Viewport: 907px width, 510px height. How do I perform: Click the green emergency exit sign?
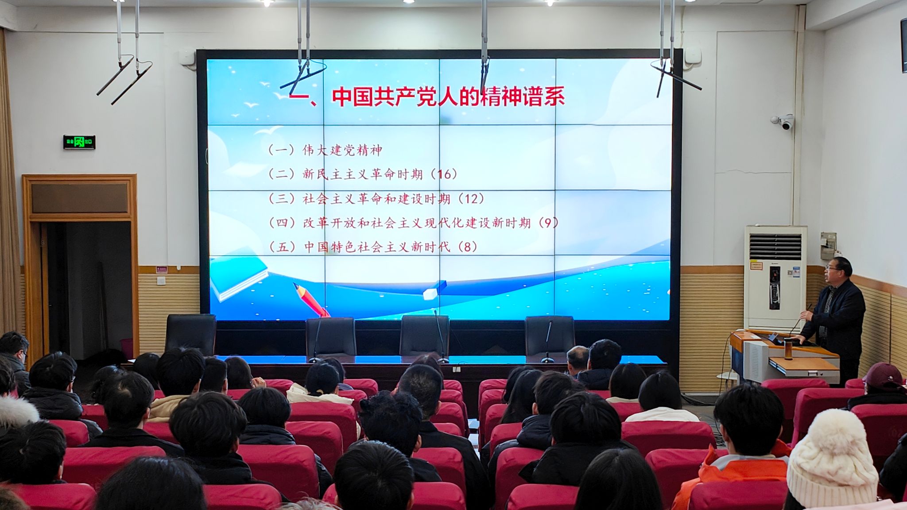point(79,142)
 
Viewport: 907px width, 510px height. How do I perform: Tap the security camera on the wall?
point(783,122)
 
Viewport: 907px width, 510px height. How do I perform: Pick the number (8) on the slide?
point(468,247)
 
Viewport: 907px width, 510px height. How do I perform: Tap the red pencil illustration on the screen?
point(311,300)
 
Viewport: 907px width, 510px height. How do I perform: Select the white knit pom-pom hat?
point(832,456)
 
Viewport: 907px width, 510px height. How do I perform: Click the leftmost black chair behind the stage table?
point(190,334)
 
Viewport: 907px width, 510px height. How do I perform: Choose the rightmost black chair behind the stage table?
point(550,335)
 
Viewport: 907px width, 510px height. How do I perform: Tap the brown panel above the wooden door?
point(80,197)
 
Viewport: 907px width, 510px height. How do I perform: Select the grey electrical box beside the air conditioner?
point(827,245)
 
